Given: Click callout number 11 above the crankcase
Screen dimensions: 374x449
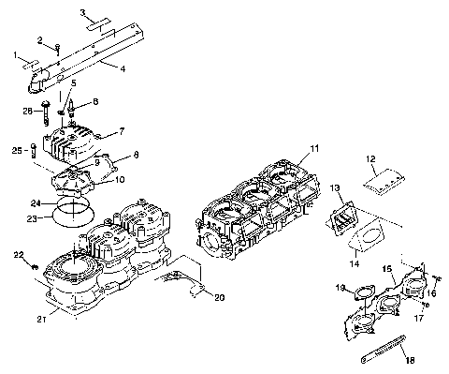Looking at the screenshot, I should pyautogui.click(x=314, y=148).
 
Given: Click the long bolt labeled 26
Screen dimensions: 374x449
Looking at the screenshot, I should pyautogui.click(x=45, y=116).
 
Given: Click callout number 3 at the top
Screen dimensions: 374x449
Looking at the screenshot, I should pyautogui.click(x=82, y=13).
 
